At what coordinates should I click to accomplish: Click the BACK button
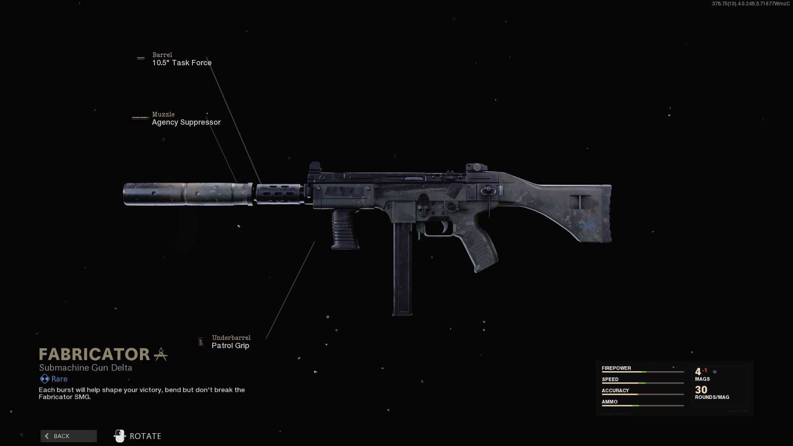(69, 436)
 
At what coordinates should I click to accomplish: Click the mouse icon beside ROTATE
(119, 436)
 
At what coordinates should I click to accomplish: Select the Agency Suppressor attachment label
(186, 122)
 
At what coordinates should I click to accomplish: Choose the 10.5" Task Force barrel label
(182, 63)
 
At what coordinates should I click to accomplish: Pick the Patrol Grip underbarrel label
(230, 346)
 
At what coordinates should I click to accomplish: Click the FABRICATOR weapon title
(94, 354)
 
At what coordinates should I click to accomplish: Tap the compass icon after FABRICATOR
(161, 354)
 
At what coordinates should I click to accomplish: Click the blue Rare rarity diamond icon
(44, 379)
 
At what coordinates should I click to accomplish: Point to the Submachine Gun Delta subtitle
(85, 368)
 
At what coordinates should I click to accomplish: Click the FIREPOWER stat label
(616, 368)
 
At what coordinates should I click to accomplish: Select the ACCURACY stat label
(615, 390)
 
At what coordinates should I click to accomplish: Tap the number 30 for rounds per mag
(701, 389)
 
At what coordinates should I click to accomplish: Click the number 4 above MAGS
(698, 372)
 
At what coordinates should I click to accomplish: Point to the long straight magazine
(402, 268)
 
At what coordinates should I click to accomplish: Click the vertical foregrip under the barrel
(345, 229)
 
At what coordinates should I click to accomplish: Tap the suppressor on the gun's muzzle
(188, 194)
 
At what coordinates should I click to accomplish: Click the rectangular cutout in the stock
(580, 202)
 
